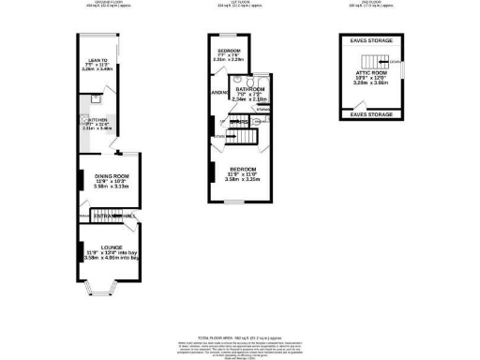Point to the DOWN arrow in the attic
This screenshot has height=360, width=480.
pyautogui.click(x=396, y=62)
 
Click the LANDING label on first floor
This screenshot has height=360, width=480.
pyautogui.click(x=217, y=94)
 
